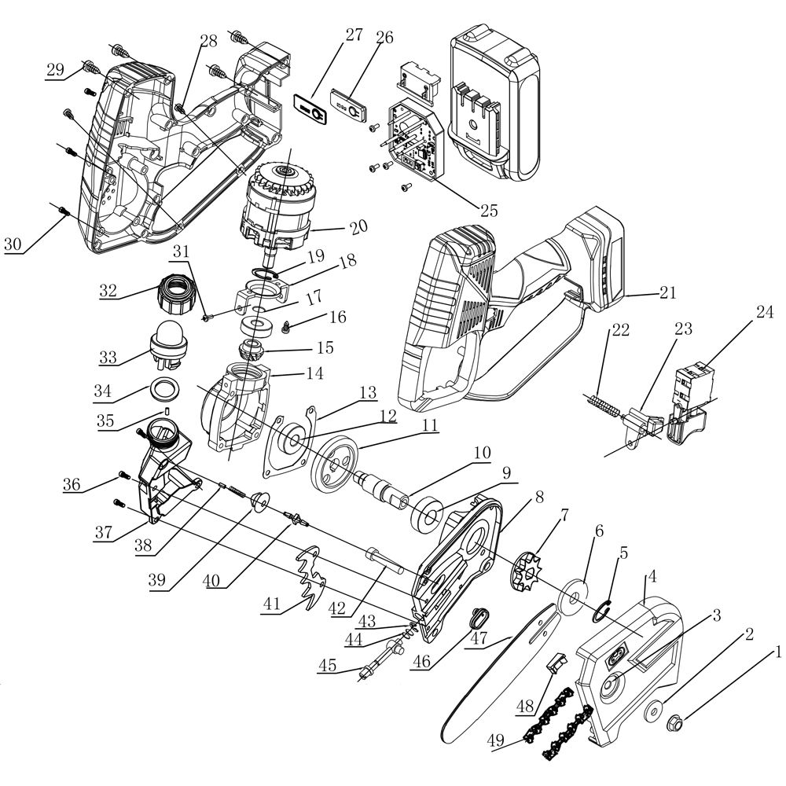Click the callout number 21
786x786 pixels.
pos(668,293)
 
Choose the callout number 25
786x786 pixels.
pos(489,210)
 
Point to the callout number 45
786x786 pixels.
pos(327,666)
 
